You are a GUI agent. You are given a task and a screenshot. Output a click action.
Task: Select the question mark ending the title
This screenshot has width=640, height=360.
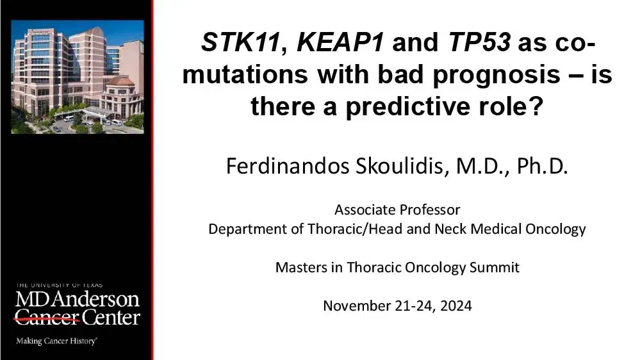[534, 106]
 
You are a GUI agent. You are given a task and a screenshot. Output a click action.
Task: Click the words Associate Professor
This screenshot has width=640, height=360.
[397, 209]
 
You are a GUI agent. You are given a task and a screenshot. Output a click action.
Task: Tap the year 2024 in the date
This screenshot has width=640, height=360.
[456, 306]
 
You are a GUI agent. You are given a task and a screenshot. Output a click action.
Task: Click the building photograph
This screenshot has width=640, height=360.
[78, 77]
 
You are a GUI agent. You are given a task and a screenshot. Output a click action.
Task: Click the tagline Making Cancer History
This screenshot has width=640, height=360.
[56, 341]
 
